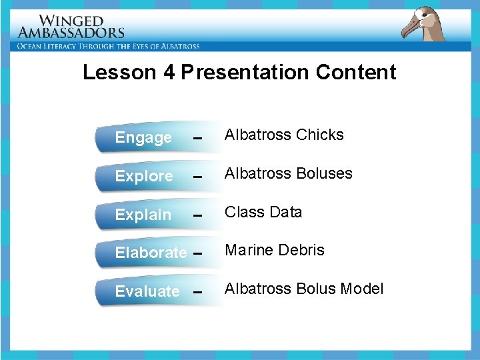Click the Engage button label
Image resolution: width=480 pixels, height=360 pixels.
point(143,137)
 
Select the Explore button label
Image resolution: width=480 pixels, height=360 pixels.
point(144,176)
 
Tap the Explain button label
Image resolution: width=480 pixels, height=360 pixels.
point(143,215)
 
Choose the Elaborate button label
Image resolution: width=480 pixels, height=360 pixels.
point(151,253)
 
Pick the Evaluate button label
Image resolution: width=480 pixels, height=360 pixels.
point(147,291)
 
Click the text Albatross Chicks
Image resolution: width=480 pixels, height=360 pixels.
point(284,135)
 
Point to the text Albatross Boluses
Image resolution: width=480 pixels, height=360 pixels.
point(288,173)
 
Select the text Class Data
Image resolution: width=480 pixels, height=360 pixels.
point(263,212)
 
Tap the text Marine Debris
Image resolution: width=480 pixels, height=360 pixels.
point(275,250)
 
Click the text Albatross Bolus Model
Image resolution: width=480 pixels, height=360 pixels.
point(304,289)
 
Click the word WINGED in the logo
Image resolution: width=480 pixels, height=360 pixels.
point(71,21)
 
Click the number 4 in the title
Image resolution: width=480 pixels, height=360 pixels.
point(169,72)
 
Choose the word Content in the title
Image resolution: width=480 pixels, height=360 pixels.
point(356,72)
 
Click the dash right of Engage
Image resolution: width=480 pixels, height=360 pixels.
point(196,139)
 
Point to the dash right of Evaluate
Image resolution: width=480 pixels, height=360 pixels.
point(196,293)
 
